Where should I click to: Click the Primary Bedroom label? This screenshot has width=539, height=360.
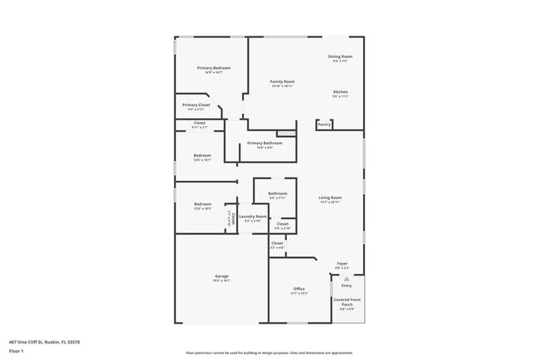pyautogui.click(x=213, y=67)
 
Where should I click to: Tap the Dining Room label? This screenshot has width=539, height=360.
pyautogui.click(x=340, y=56)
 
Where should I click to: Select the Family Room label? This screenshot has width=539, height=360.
pyautogui.click(x=283, y=81)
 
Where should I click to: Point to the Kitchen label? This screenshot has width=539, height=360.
pyautogui.click(x=341, y=91)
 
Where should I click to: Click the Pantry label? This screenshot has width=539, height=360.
pyautogui.click(x=324, y=124)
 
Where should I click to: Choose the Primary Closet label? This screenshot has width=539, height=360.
pyautogui.click(x=197, y=105)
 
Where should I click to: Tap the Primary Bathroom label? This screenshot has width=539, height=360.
pyautogui.click(x=265, y=143)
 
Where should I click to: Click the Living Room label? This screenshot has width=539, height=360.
pyautogui.click(x=330, y=197)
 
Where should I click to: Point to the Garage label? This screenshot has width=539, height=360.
pyautogui.click(x=221, y=276)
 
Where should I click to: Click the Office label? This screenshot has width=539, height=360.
pyautogui.click(x=299, y=289)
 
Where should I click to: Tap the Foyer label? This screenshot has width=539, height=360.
pyautogui.click(x=342, y=264)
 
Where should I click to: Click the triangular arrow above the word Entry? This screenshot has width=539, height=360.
pyautogui.click(x=347, y=278)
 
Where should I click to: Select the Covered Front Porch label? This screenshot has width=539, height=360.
pyautogui.click(x=347, y=303)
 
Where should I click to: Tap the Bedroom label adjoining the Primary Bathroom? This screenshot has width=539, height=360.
pyautogui.click(x=202, y=155)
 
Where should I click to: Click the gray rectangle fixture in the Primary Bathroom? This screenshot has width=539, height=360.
pyautogui.click(x=286, y=133)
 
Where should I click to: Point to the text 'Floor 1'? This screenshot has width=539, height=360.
pyautogui.click(x=16, y=350)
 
